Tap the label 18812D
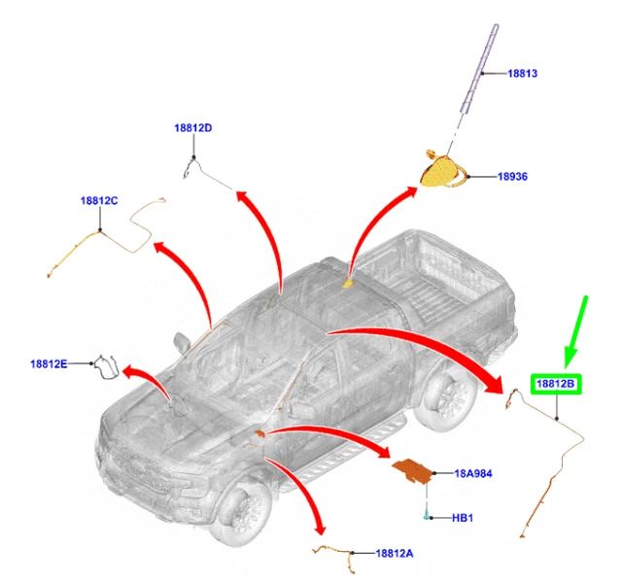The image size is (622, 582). (193, 128)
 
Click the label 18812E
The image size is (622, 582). (49, 364)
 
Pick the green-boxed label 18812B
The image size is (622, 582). (556, 385)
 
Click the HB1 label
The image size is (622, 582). (463, 517)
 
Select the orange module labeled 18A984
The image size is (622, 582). (413, 471)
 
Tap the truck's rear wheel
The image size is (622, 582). (444, 399)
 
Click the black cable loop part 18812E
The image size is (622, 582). (106, 367)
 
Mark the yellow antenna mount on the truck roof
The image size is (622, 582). (350, 284)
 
